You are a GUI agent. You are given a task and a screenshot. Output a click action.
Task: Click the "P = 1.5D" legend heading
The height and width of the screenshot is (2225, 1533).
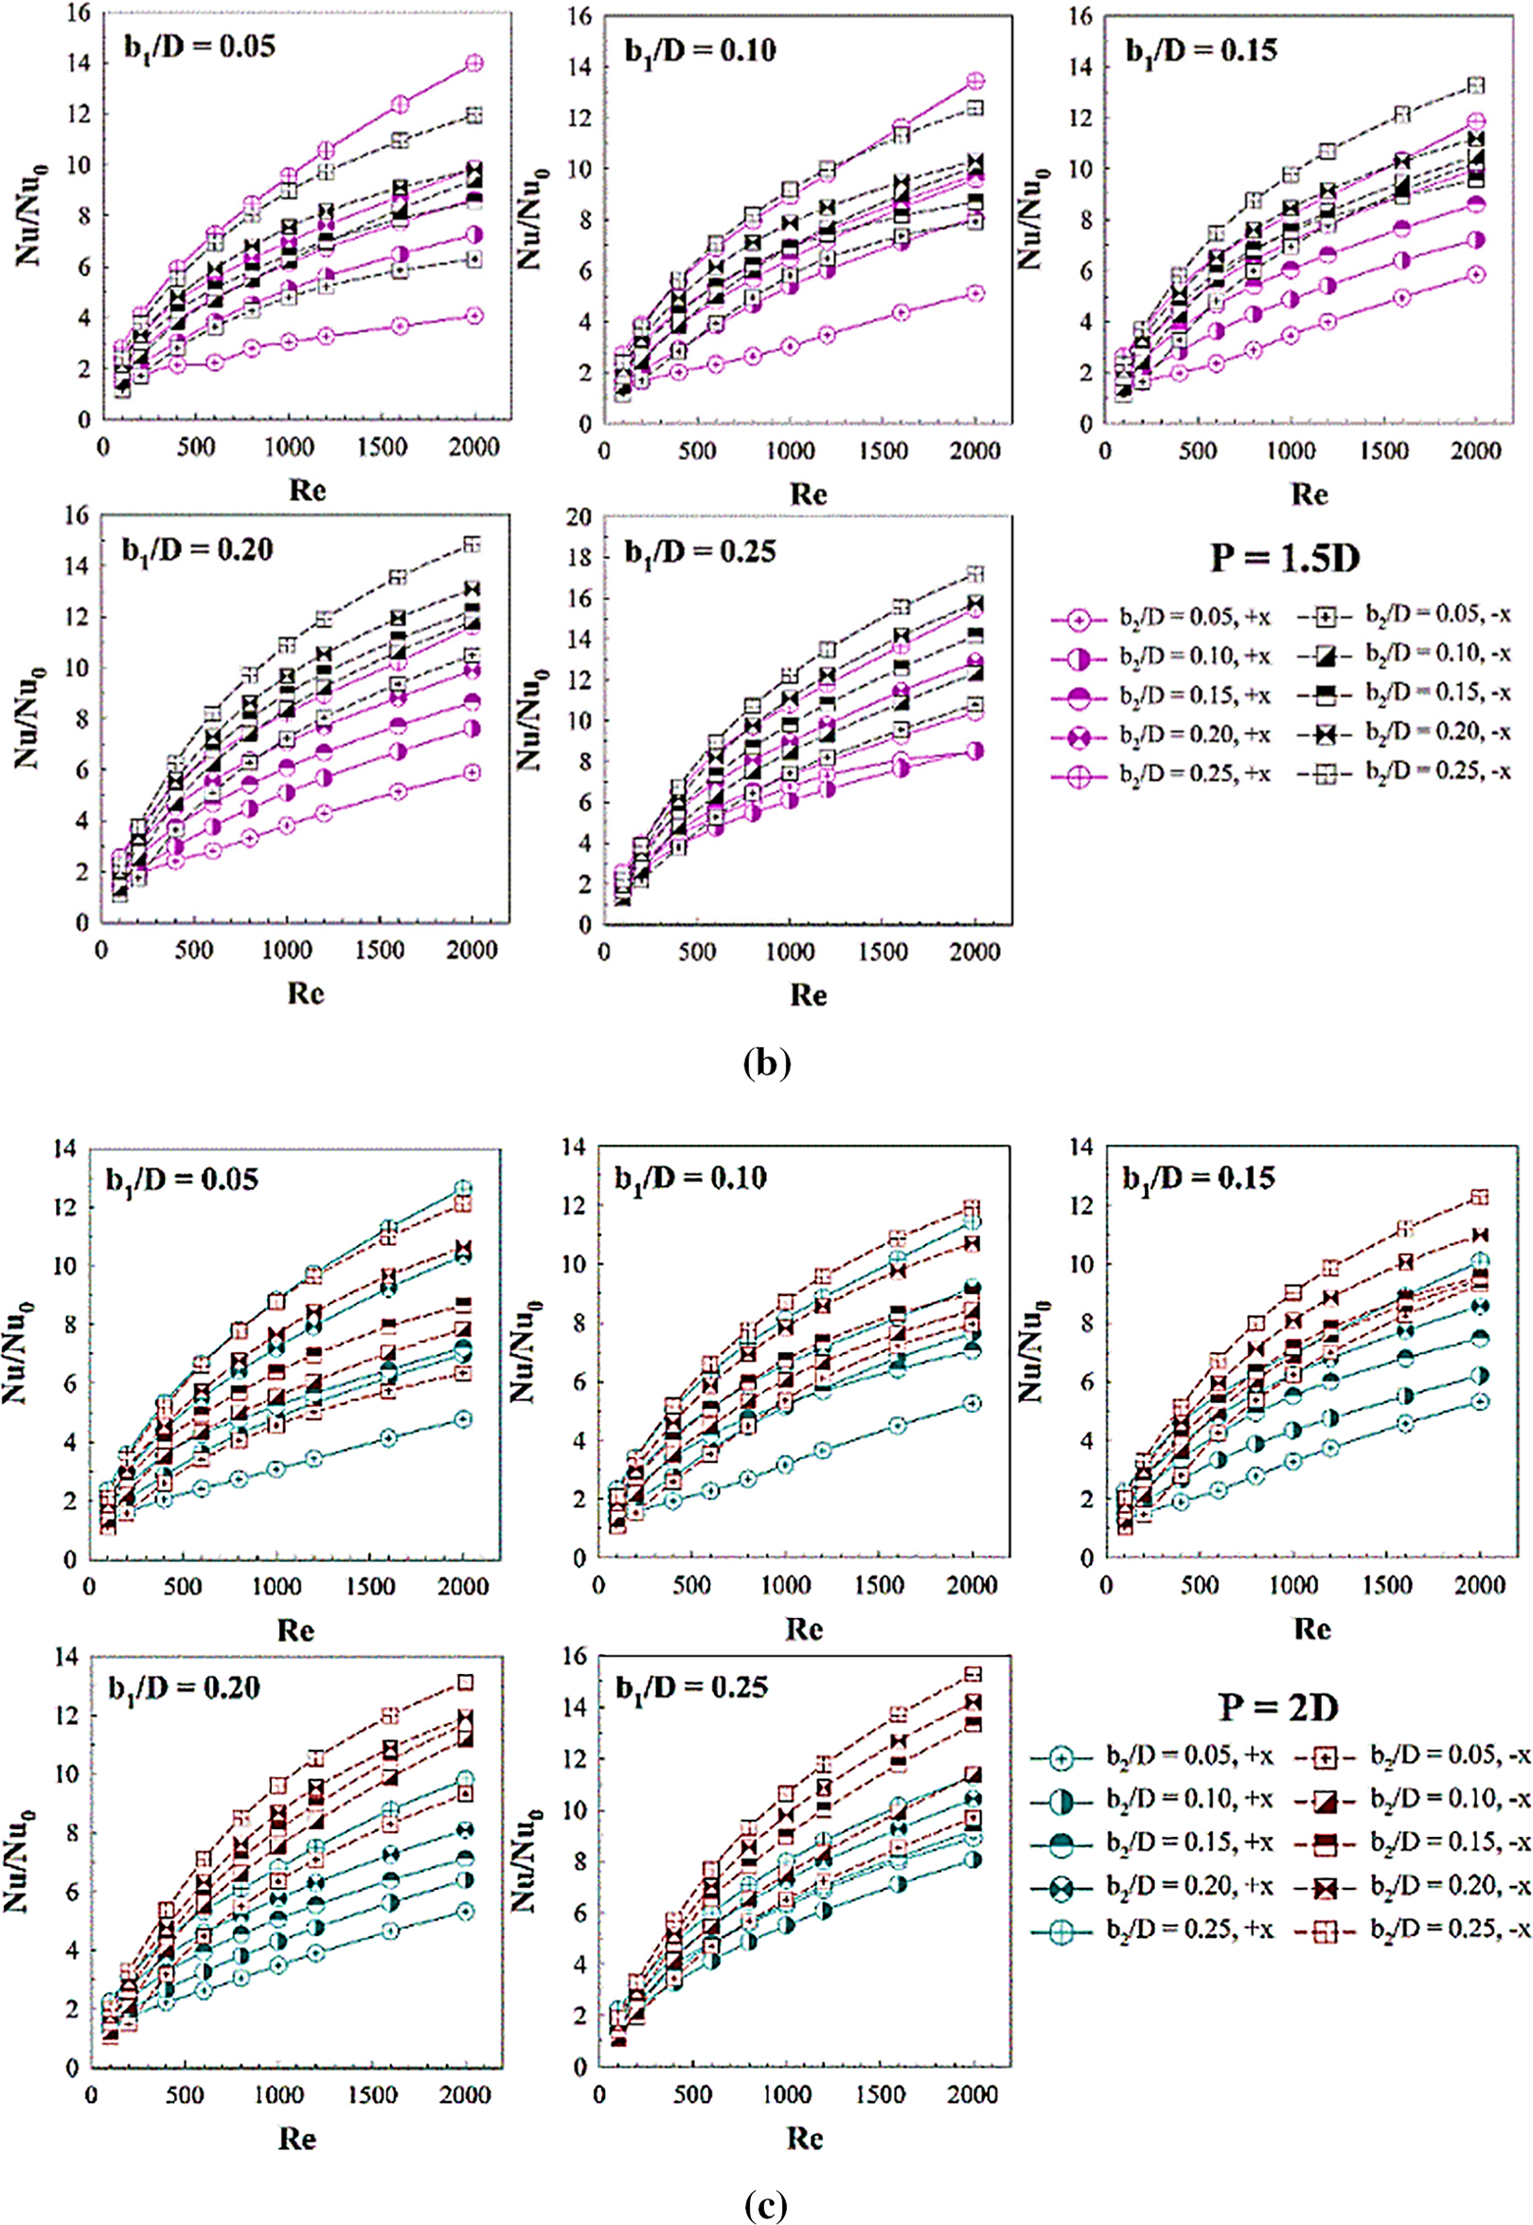pyautogui.click(x=1284, y=558)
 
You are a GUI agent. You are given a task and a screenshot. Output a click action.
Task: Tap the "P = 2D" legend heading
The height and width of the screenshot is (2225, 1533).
pyautogui.click(x=1278, y=1706)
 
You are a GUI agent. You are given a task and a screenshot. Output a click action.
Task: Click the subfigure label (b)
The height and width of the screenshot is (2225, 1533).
pyautogui.click(x=767, y=1063)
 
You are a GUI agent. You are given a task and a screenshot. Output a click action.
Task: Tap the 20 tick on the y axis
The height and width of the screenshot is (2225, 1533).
pyautogui.click(x=579, y=517)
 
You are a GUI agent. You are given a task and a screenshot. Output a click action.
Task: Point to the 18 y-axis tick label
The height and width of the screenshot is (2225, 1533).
pyautogui.click(x=579, y=558)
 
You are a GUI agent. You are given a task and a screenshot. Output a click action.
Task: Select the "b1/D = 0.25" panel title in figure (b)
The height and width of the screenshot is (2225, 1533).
pyautogui.click(x=701, y=552)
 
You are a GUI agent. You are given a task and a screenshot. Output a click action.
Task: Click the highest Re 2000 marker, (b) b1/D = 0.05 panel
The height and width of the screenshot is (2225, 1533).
pyautogui.click(x=473, y=63)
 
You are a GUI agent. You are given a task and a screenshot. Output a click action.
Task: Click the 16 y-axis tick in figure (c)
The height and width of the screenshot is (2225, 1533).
pyautogui.click(x=579, y=1658)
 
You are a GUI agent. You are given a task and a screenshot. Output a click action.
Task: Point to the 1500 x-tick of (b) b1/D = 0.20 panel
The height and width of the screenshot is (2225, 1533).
pyautogui.click(x=380, y=951)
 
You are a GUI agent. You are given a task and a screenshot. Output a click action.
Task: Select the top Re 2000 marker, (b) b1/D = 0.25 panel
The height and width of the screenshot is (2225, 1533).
pyautogui.click(x=975, y=575)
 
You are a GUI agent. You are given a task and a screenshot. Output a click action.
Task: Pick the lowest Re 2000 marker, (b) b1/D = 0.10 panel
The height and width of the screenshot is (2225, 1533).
pyautogui.click(x=975, y=294)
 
